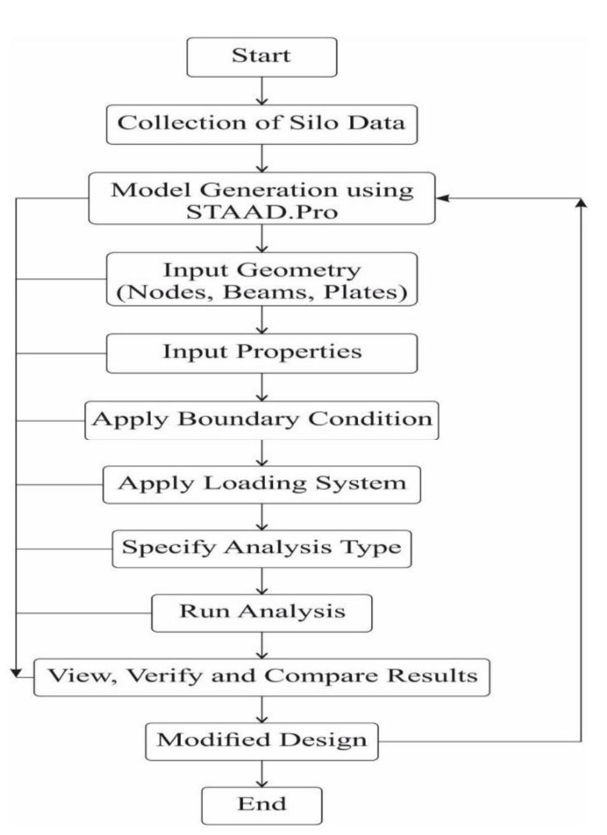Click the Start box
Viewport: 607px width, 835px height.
[x=262, y=56]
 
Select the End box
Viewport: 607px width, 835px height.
[x=262, y=805]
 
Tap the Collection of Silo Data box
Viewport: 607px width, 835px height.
[x=262, y=123]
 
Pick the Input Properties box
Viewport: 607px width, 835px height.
[x=262, y=353]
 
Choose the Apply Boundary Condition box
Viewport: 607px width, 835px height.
[x=262, y=420]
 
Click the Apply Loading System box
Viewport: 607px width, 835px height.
[x=262, y=484]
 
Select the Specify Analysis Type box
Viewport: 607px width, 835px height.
[x=262, y=548]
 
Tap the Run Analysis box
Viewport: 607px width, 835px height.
[x=262, y=612]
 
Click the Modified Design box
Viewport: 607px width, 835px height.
[x=262, y=741]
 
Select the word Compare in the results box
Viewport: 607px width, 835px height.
[x=323, y=677]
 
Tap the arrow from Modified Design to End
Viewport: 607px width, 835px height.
[x=262, y=774]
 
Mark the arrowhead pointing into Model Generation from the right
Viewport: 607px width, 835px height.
[x=441, y=198]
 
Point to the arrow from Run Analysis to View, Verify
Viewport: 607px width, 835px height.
[x=262, y=645]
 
